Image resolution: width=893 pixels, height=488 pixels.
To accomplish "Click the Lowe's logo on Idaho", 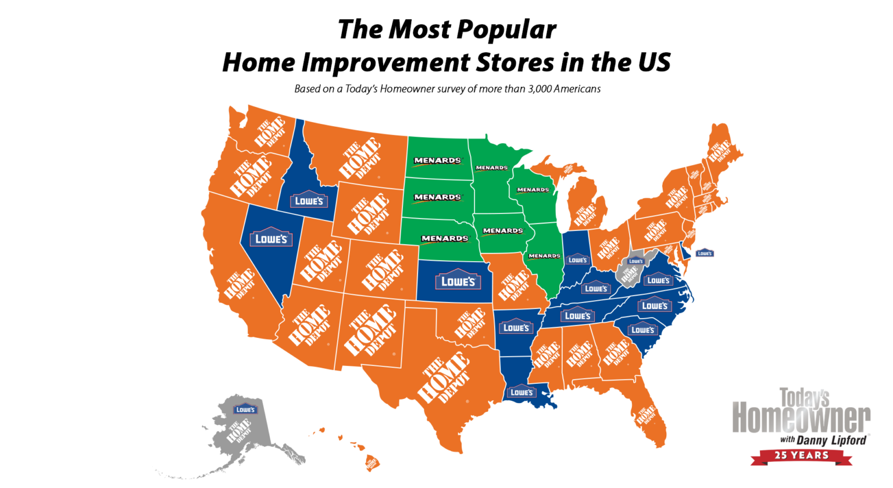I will pyautogui.click(x=309, y=200).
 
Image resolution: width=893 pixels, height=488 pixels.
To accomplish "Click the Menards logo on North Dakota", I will pyautogui.click(x=437, y=161).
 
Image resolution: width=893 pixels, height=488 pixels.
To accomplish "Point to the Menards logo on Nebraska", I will pyautogui.click(x=445, y=238).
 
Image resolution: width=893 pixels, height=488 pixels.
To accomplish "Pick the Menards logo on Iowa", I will pyautogui.click(x=502, y=231).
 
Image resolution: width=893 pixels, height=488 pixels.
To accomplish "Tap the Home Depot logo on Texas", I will pyautogui.click(x=444, y=379).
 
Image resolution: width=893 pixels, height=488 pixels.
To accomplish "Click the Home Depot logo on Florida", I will pyautogui.click(x=646, y=415).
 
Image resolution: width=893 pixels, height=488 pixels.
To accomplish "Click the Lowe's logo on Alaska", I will pyautogui.click(x=245, y=409).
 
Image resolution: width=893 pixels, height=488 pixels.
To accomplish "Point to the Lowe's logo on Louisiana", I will pyautogui.click(x=521, y=392).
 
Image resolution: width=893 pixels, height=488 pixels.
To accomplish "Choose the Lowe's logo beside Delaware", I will pyautogui.click(x=704, y=253).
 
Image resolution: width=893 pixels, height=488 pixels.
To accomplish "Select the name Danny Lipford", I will pyautogui.click(x=831, y=440).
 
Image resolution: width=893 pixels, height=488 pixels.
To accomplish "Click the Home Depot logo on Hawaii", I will pyautogui.click(x=372, y=463).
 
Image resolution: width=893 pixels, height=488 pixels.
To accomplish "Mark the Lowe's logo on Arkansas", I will pyautogui.click(x=516, y=327).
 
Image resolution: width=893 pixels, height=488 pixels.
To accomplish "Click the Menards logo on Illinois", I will pyautogui.click(x=544, y=256).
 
